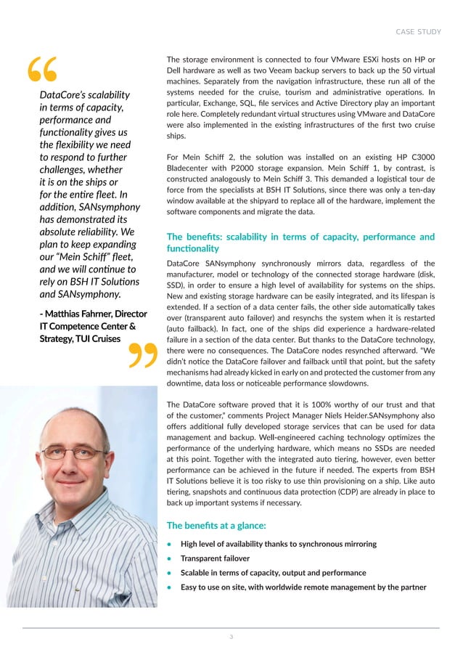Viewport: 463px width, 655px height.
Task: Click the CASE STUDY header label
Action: (x=417, y=31)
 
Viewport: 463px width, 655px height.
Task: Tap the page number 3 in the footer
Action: (x=231, y=637)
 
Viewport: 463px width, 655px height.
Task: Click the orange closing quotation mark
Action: (x=144, y=355)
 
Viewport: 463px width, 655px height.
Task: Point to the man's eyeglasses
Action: (x=74, y=453)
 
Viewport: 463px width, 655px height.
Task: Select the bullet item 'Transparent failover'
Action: (x=215, y=558)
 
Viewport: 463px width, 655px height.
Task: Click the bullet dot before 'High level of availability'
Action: (x=169, y=545)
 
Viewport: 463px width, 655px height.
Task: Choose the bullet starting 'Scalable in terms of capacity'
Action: (x=273, y=572)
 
